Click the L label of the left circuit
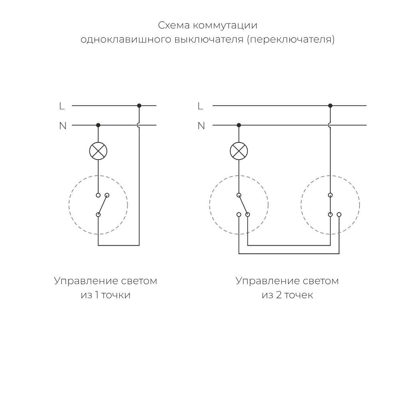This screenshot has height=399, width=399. (61, 106)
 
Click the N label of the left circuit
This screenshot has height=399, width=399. (63, 126)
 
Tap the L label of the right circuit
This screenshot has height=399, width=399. (200, 106)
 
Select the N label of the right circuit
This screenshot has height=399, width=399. (201, 126)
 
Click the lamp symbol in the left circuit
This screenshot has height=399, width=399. (98, 151)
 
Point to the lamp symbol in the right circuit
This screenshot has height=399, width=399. (239, 151)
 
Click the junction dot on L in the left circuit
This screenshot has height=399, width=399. (139, 106)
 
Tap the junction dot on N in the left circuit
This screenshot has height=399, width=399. (98, 125)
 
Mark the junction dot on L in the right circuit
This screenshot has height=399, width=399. (330, 106)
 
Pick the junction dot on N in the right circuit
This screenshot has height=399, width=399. (239, 125)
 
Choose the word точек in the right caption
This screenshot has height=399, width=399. (298, 295)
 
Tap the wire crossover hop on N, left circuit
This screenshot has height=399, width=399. (138, 125)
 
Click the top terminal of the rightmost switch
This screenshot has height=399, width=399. (330, 195)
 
